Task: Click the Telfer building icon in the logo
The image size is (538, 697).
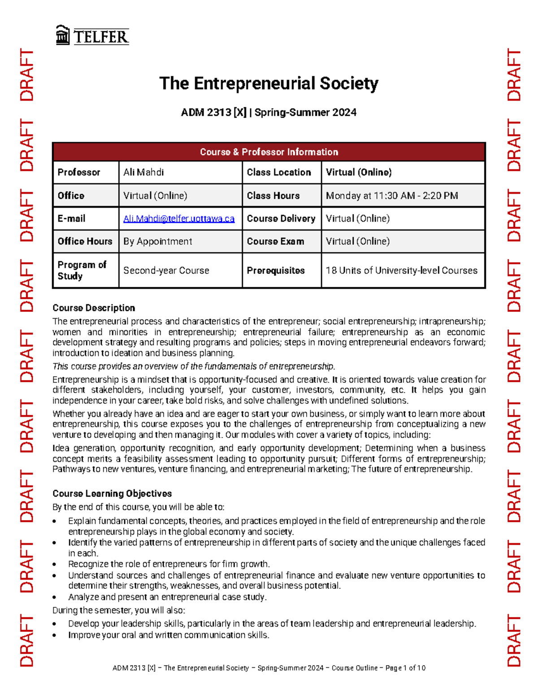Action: click(62, 35)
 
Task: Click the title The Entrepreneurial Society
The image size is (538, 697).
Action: click(269, 83)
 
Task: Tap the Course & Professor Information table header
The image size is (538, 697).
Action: click(269, 152)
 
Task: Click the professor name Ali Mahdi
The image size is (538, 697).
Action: click(143, 172)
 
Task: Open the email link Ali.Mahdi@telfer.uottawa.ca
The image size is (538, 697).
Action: click(179, 219)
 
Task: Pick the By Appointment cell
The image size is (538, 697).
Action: click(157, 241)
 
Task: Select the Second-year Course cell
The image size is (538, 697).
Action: click(166, 271)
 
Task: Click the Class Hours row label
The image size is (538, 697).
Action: click(273, 196)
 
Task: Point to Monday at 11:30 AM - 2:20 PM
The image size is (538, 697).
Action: click(391, 196)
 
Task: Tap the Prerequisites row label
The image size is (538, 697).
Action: click(276, 271)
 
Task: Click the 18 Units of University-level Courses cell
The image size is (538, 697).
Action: click(401, 271)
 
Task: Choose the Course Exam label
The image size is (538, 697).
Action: click(275, 241)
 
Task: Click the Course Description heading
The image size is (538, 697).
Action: click(94, 308)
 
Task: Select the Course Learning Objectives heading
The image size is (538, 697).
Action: click(112, 494)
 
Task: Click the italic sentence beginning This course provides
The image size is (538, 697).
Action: click(194, 366)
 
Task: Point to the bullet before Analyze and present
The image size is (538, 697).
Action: click(55, 598)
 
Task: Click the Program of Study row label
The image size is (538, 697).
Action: click(82, 271)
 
